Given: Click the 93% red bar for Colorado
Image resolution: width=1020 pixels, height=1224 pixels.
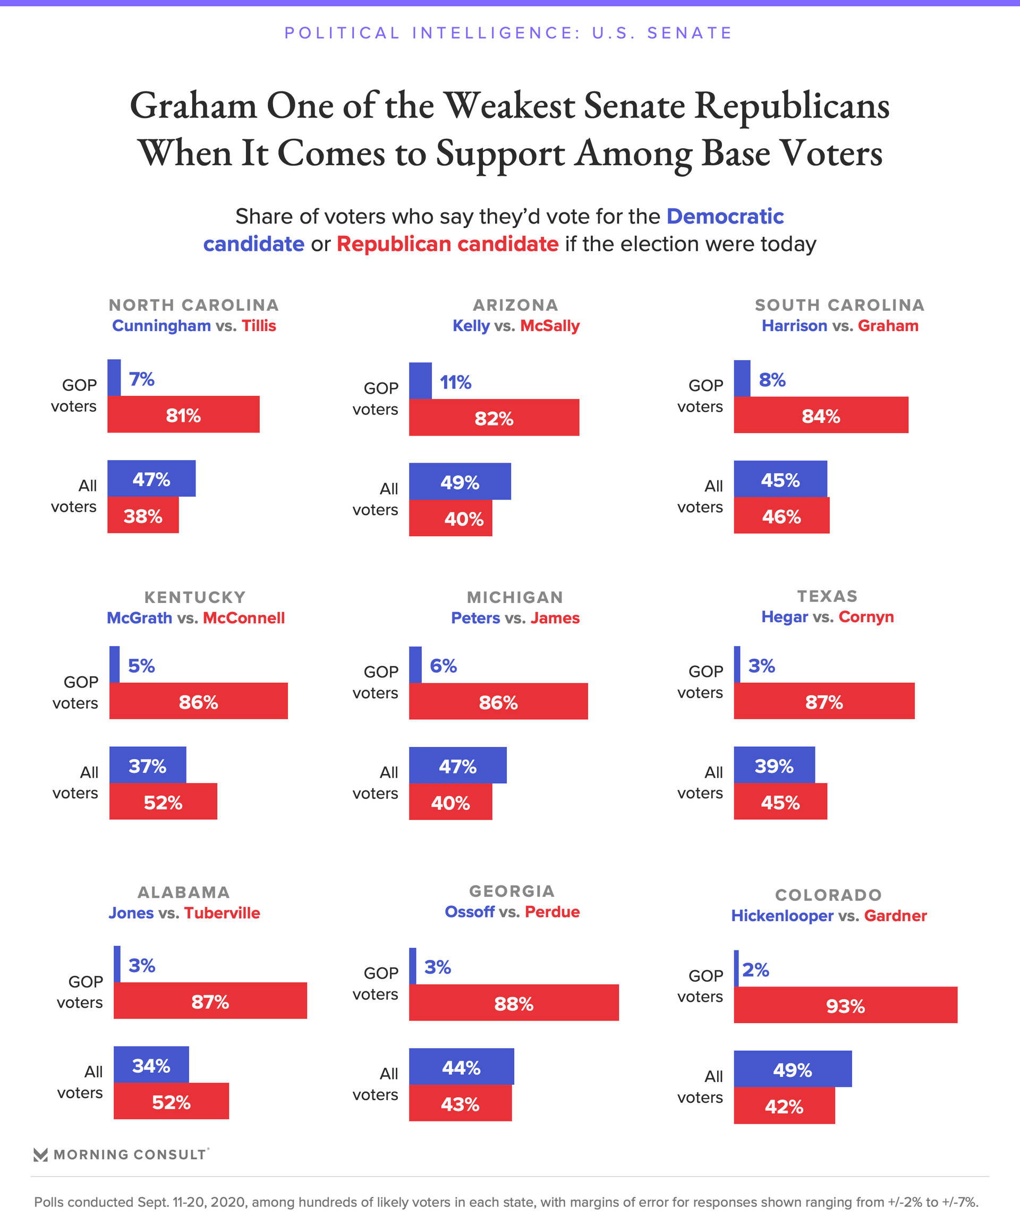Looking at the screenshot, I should pyautogui.click(x=845, y=1005).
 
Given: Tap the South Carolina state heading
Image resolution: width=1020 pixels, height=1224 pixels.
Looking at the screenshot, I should pyautogui.click(x=839, y=305).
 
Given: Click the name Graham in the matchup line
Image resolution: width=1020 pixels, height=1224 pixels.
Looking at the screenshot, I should pyautogui.click(x=888, y=325).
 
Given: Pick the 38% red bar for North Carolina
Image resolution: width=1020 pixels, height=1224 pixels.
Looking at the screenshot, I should pyautogui.click(x=143, y=515).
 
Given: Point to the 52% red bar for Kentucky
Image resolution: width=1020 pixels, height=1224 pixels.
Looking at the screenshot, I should pyautogui.click(x=163, y=802).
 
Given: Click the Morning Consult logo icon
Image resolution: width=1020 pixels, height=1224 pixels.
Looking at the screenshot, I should pyautogui.click(x=40, y=1154).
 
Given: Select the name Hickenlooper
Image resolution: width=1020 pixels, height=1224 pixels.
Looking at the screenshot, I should pyautogui.click(x=782, y=916).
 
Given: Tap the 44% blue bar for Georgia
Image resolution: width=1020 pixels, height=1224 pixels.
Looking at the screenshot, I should pyautogui.click(x=461, y=1067).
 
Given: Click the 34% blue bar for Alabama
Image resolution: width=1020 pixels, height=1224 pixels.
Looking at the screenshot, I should pyautogui.click(x=151, y=1065).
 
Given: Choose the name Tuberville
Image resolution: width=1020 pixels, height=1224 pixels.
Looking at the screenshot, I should pyautogui.click(x=222, y=913).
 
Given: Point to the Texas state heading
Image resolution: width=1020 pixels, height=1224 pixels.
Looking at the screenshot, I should pyautogui.click(x=827, y=596).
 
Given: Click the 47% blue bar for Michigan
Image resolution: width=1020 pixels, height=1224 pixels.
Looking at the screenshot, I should pyautogui.click(x=457, y=766).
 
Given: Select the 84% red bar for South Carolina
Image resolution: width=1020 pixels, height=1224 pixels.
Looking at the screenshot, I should pyautogui.click(x=821, y=415).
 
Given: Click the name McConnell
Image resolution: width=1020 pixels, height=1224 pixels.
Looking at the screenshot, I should pyautogui.click(x=244, y=618).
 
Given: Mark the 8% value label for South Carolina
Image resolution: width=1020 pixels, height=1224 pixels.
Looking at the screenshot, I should pyautogui.click(x=772, y=380).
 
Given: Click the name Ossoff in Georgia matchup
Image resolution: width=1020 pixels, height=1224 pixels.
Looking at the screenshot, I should pyautogui.click(x=469, y=912).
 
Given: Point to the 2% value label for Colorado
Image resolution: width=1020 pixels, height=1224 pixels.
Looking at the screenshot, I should pyautogui.click(x=755, y=970).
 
